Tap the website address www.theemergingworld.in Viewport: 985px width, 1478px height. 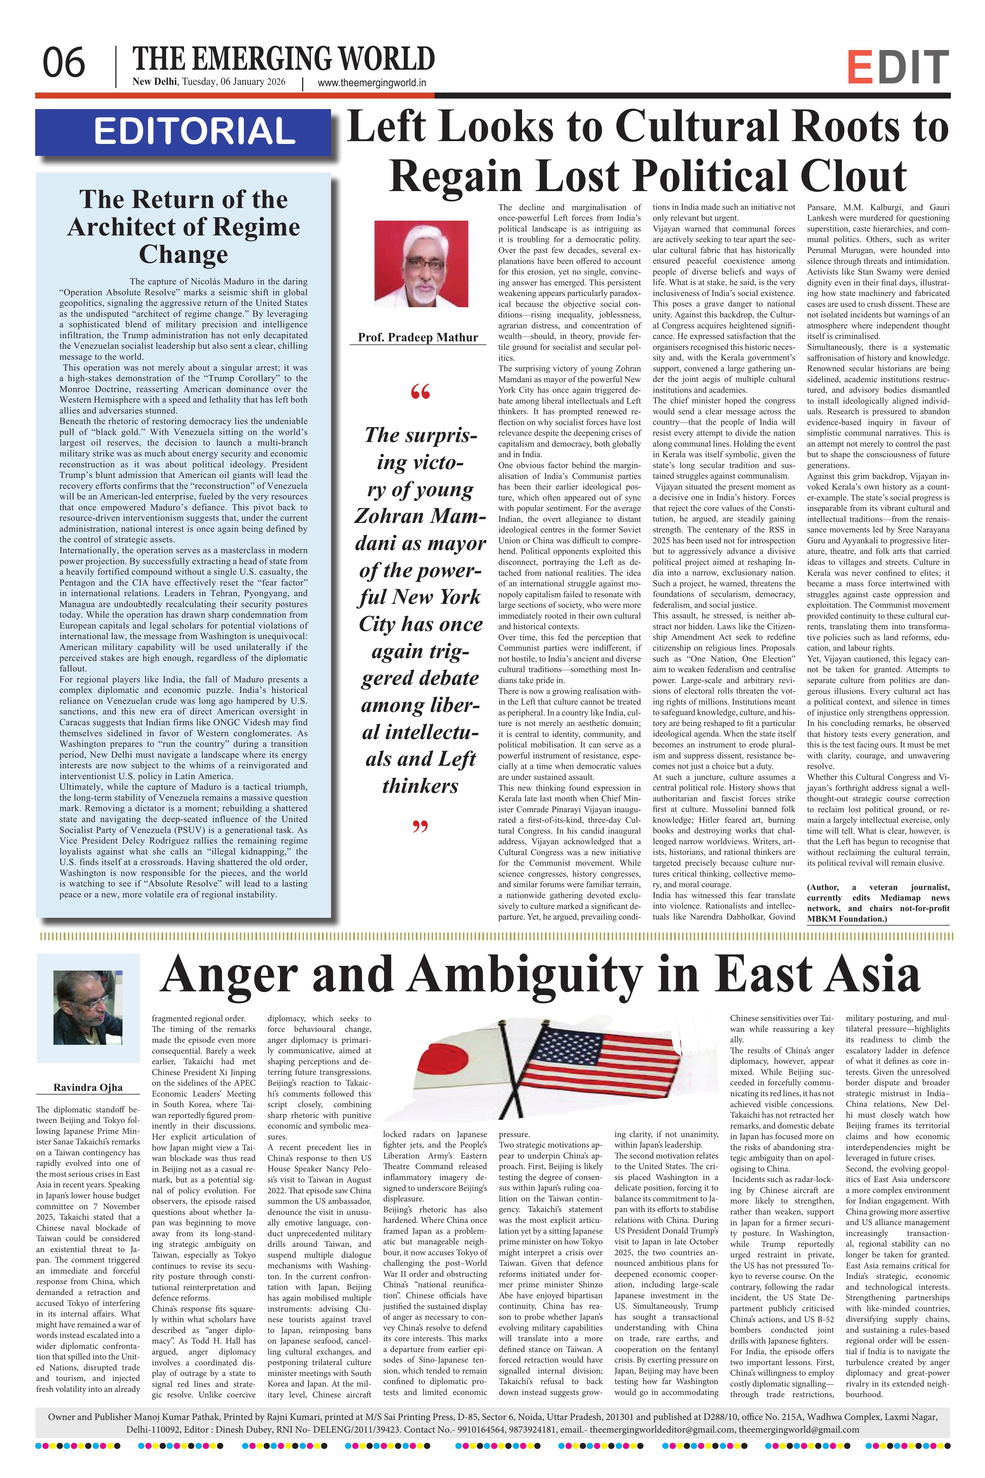372,82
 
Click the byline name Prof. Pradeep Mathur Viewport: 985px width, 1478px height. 418,337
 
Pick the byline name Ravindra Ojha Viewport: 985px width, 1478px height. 88,1087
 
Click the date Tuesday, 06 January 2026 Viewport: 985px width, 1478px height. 233,82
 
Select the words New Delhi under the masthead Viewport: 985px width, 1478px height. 154,82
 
